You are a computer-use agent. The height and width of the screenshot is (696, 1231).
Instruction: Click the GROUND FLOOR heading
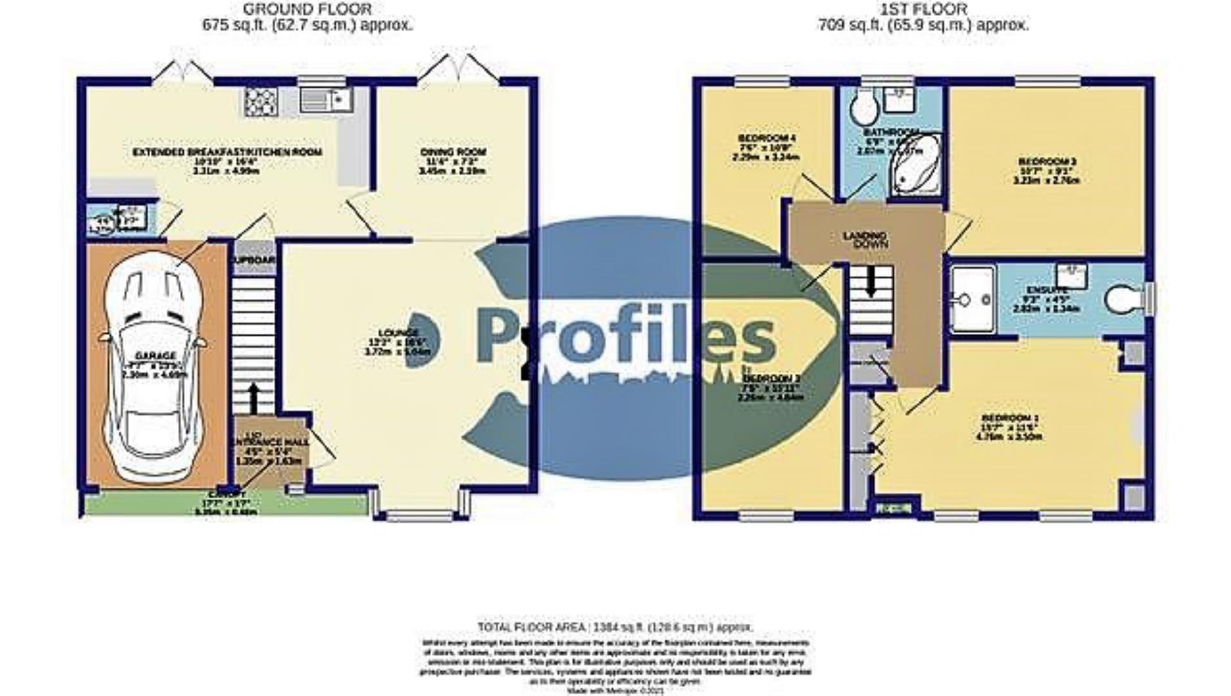[307, 10]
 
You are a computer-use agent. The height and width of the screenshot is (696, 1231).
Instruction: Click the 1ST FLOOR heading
[924, 10]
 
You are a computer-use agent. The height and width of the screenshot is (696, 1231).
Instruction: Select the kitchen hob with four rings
[261, 101]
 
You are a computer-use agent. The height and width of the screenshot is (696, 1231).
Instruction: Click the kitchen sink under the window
[325, 101]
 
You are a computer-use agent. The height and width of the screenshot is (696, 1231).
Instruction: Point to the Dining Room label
[453, 152]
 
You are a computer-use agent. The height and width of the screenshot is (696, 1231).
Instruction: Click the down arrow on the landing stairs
[870, 282]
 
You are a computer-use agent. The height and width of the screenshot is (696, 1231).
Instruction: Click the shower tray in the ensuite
[973, 300]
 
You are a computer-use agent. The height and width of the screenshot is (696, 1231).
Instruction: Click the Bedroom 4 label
[766, 138]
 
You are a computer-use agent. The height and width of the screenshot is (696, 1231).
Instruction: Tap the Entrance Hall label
[270, 442]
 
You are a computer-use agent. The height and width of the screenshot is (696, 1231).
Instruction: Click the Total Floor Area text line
[615, 626]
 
